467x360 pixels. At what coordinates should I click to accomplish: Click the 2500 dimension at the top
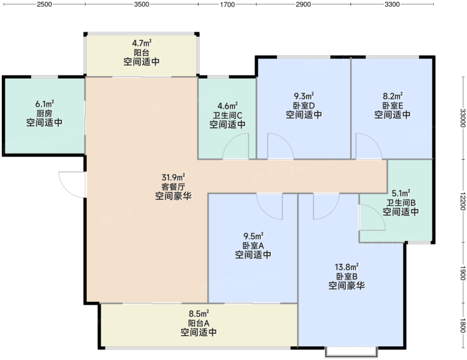(44, 4)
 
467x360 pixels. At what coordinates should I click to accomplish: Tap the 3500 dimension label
(142, 4)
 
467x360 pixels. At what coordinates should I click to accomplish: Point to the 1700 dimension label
(227, 4)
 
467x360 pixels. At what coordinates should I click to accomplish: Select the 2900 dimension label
(303, 4)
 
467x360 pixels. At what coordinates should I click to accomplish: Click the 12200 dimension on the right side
(463, 201)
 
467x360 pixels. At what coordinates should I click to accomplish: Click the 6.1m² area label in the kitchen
(45, 104)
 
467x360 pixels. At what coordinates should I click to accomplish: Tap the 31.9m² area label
(174, 177)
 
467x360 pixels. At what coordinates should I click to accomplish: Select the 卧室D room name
(304, 105)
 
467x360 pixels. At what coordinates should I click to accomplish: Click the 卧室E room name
(393, 105)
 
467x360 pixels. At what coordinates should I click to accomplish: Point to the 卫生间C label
(227, 115)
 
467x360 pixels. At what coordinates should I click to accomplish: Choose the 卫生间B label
(401, 203)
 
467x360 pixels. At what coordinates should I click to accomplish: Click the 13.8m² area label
(347, 266)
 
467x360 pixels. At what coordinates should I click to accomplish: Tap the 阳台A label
(199, 323)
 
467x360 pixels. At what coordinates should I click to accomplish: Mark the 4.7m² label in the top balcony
(142, 43)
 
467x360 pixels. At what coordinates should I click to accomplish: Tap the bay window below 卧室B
(351, 352)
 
